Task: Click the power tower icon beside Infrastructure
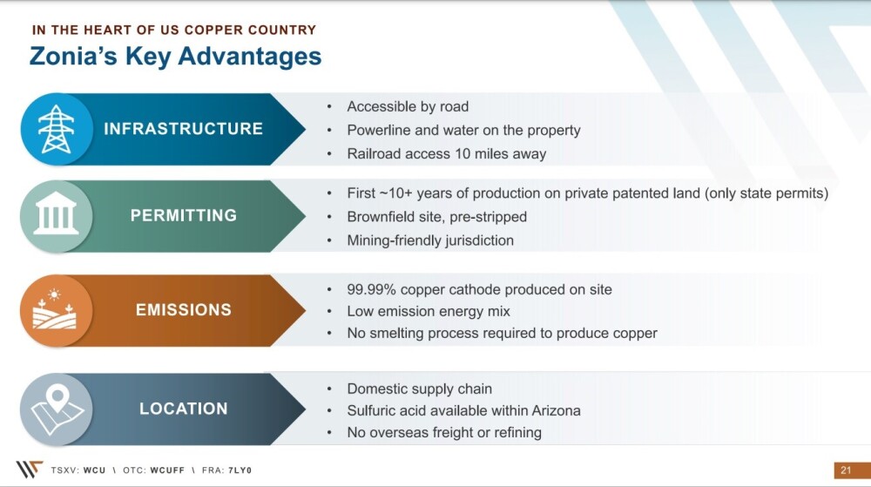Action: point(56,129)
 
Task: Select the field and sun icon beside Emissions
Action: point(54,308)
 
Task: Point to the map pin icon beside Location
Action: point(57,409)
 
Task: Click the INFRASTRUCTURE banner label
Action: point(183,129)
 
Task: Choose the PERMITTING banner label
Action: point(183,215)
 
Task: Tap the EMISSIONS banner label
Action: point(183,310)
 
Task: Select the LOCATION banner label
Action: point(183,409)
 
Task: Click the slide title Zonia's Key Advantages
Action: point(176,57)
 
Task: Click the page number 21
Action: point(846,470)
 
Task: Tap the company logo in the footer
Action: point(30,470)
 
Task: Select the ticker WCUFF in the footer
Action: point(167,470)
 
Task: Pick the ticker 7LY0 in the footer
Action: point(240,470)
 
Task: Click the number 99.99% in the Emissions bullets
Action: point(371,290)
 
